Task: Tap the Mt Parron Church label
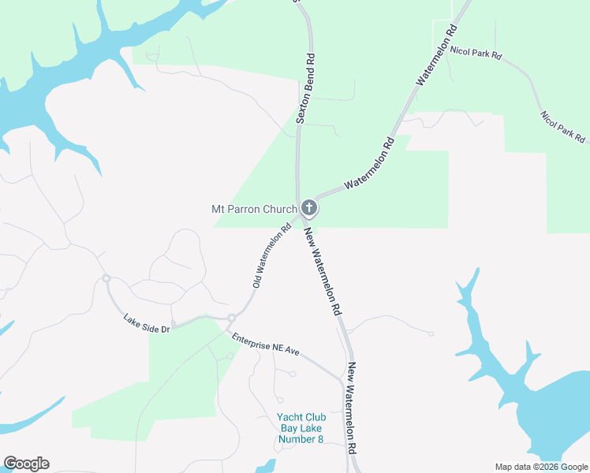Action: pyautogui.click(x=254, y=210)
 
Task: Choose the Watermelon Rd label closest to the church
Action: pyautogui.click(x=368, y=165)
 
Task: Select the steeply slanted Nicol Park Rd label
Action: pyautogui.click(x=563, y=127)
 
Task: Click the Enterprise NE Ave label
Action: pyautogui.click(x=266, y=345)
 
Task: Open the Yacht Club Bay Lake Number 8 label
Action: pyautogui.click(x=301, y=429)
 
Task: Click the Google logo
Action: pyautogui.click(x=26, y=464)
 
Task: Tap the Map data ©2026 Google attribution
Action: pyautogui.click(x=540, y=467)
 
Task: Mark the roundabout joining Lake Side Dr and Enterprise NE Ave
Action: pyautogui.click(x=231, y=318)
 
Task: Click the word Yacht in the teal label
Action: pyautogui.click(x=289, y=419)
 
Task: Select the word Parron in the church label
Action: pyautogui.click(x=248, y=210)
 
